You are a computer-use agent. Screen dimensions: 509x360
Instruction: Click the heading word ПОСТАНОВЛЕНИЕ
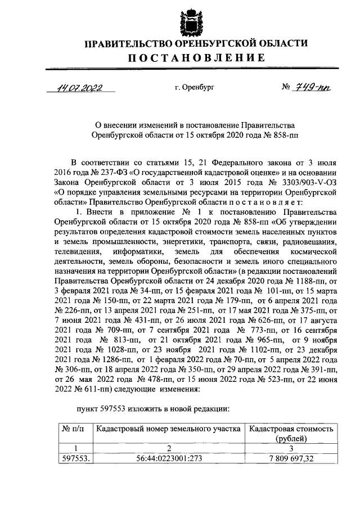tap(195, 57)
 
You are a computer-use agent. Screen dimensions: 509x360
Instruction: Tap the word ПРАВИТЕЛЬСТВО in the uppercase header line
tap(132, 44)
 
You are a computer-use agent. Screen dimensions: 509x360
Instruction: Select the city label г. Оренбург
tap(195, 88)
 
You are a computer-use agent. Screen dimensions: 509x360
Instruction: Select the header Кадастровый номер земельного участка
tap(168, 429)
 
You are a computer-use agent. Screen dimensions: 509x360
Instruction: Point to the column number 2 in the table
tap(168, 448)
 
